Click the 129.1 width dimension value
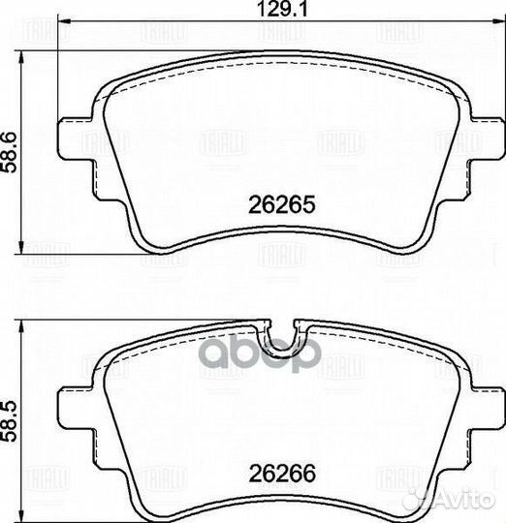point(253,13)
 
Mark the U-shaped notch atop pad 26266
point(282,335)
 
